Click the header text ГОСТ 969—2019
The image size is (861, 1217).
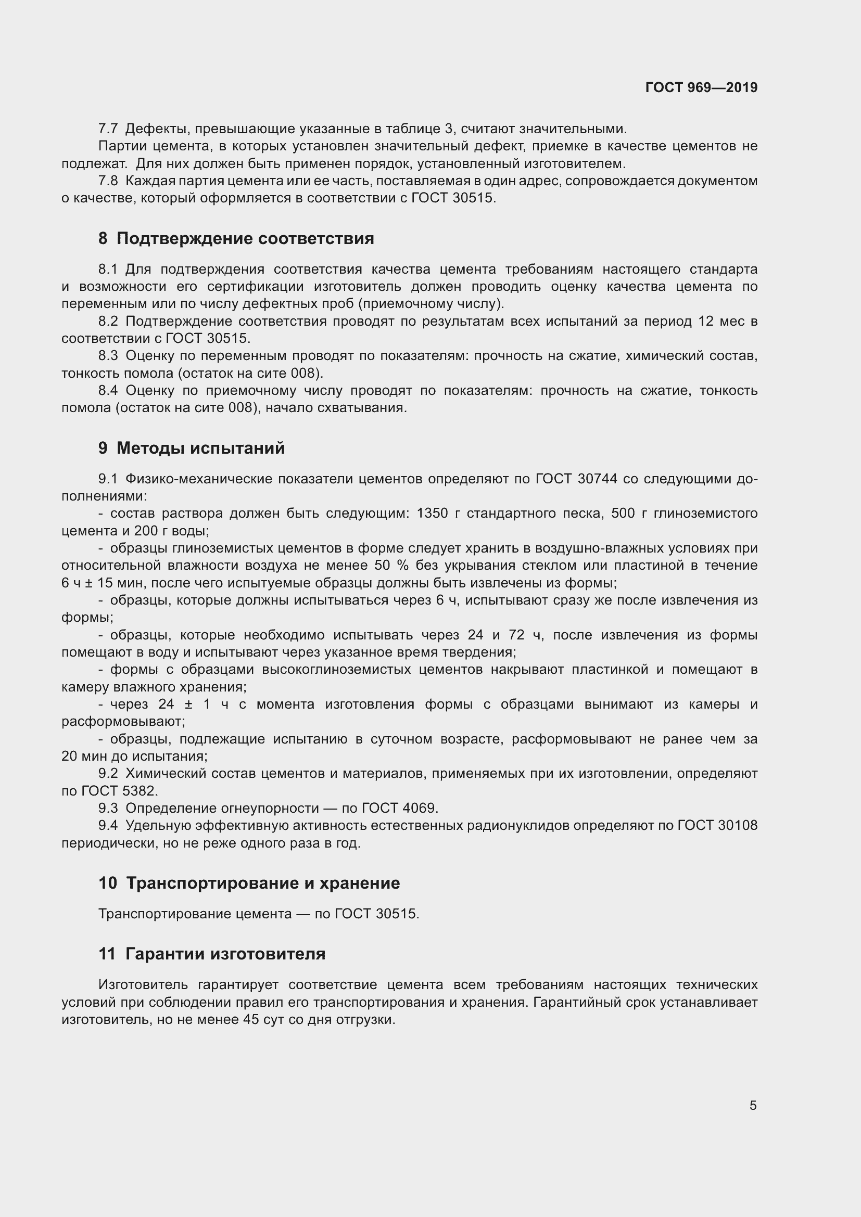click(x=701, y=87)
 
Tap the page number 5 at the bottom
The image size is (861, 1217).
click(x=753, y=1106)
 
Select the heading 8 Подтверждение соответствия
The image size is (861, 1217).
click(x=236, y=238)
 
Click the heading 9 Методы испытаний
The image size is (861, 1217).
click(x=192, y=449)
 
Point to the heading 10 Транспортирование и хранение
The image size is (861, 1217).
click(x=249, y=883)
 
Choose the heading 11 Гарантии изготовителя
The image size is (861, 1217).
click(x=211, y=954)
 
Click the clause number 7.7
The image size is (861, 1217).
click(x=108, y=129)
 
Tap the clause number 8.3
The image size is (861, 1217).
click(x=108, y=356)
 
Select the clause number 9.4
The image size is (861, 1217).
click(x=108, y=825)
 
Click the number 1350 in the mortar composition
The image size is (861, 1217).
click(x=433, y=514)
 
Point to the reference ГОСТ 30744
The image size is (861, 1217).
click(x=576, y=479)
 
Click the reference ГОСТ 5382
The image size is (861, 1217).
click(x=119, y=791)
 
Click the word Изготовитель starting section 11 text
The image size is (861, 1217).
click(x=143, y=985)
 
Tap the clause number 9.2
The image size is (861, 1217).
click(x=108, y=774)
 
